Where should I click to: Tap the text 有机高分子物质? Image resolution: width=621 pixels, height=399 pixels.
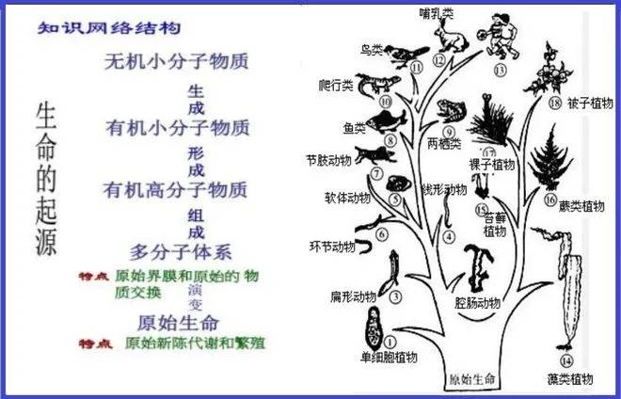tap(177, 189)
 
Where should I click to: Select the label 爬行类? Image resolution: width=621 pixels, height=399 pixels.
tap(334, 85)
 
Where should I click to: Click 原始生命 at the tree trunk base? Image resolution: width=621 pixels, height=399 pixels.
tap(470, 379)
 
